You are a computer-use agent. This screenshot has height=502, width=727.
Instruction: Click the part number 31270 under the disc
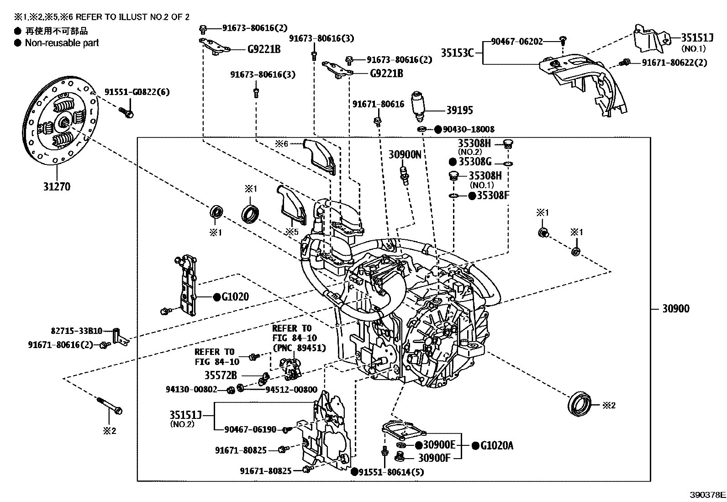[x=57, y=187]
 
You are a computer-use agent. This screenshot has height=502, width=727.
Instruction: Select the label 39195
[x=459, y=111]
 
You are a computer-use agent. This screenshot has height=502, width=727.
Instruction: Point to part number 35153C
[x=457, y=53]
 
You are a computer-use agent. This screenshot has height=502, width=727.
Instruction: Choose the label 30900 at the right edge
[x=676, y=308]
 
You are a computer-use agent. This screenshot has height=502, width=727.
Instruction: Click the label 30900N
[x=405, y=154]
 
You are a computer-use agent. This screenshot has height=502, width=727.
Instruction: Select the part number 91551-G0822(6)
[x=137, y=92]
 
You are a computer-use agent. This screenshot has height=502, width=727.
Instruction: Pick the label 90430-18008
[x=469, y=129]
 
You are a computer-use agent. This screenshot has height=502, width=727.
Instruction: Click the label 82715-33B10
[x=77, y=331]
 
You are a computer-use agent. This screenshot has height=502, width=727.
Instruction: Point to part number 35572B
[x=221, y=375]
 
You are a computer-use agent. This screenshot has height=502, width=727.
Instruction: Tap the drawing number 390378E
[x=707, y=495]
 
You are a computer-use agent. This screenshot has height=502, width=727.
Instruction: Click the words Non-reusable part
[x=62, y=43]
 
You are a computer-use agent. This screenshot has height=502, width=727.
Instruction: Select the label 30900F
[x=434, y=458]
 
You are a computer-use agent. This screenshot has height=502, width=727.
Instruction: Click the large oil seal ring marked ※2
[x=579, y=404]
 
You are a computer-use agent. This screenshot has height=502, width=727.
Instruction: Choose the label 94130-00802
[x=191, y=389]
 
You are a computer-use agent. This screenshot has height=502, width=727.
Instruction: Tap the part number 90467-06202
[x=516, y=42]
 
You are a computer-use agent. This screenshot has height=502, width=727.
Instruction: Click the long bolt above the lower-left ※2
[x=110, y=406]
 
